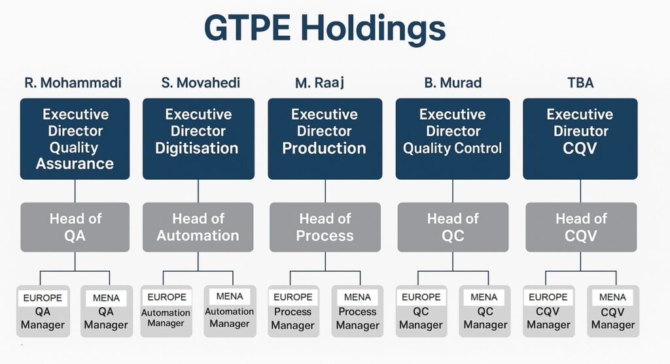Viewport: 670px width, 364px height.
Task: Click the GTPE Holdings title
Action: tap(325, 28)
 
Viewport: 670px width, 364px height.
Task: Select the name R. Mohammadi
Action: tap(73, 82)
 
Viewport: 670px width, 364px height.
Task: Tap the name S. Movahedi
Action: tap(200, 82)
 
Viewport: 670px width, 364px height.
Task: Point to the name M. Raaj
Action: tap(319, 83)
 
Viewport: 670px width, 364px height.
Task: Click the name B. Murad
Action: tap(453, 82)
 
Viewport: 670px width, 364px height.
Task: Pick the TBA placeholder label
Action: tap(580, 82)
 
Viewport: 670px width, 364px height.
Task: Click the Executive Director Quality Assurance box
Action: tap(75, 139)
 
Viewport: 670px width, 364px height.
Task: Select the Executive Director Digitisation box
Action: tap(198, 139)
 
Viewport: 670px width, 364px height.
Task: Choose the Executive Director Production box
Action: tap(325, 139)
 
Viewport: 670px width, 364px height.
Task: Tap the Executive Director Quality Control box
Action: tap(453, 139)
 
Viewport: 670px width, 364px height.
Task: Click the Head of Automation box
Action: tap(198, 227)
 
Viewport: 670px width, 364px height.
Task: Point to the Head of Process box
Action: tap(325, 227)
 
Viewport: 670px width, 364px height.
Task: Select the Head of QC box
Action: tap(453, 227)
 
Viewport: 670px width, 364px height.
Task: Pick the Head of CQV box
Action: tap(581, 227)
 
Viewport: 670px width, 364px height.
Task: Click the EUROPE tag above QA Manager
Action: tap(43, 297)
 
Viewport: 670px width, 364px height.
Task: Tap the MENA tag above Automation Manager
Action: tap(230, 296)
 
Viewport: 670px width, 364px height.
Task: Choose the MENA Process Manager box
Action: tap(357, 312)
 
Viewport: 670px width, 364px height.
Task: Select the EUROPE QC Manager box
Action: tap(421, 312)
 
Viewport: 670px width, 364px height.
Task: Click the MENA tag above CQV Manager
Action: tap(612, 297)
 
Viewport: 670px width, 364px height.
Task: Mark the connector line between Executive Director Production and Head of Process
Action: tap(325, 191)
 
